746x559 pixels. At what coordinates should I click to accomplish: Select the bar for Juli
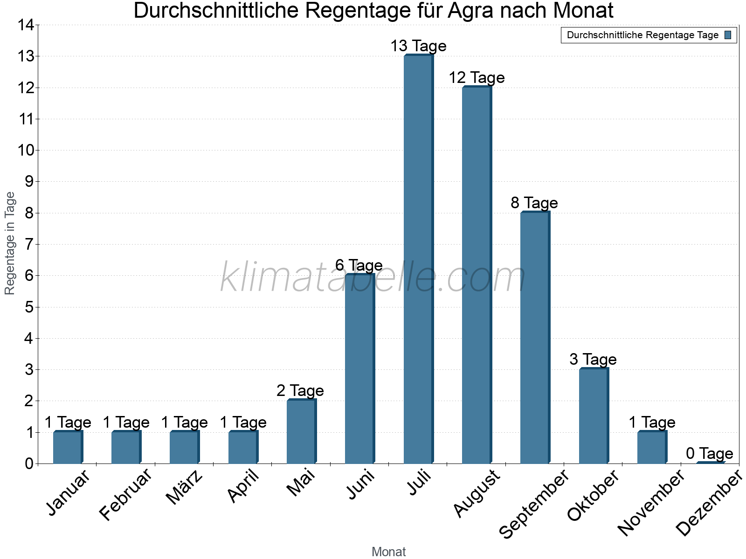tap(418, 259)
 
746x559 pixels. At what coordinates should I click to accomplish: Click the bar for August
tap(477, 275)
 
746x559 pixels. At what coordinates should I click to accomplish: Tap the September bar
tap(535, 337)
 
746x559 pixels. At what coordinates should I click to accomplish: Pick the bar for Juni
tap(359, 368)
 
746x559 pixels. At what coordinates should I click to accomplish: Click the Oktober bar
tap(594, 416)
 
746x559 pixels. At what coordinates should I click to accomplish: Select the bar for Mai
tap(301, 431)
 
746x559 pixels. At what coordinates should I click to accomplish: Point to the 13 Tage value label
tap(418, 46)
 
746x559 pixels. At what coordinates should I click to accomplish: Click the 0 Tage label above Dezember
tap(710, 453)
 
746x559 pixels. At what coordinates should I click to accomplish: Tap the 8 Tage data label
tap(534, 203)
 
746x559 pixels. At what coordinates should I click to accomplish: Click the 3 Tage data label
tap(593, 359)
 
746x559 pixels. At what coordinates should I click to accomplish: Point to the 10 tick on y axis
tap(26, 150)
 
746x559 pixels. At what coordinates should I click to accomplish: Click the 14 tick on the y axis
tap(26, 25)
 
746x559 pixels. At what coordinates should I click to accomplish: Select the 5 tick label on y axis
tap(29, 307)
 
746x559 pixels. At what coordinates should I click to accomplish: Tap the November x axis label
tap(651, 502)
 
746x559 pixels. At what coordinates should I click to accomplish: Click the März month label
tap(185, 487)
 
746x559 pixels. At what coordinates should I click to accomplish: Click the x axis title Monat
tap(388, 552)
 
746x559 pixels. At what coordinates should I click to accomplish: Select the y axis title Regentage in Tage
tap(10, 243)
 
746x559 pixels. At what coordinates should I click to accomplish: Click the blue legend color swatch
tap(728, 35)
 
